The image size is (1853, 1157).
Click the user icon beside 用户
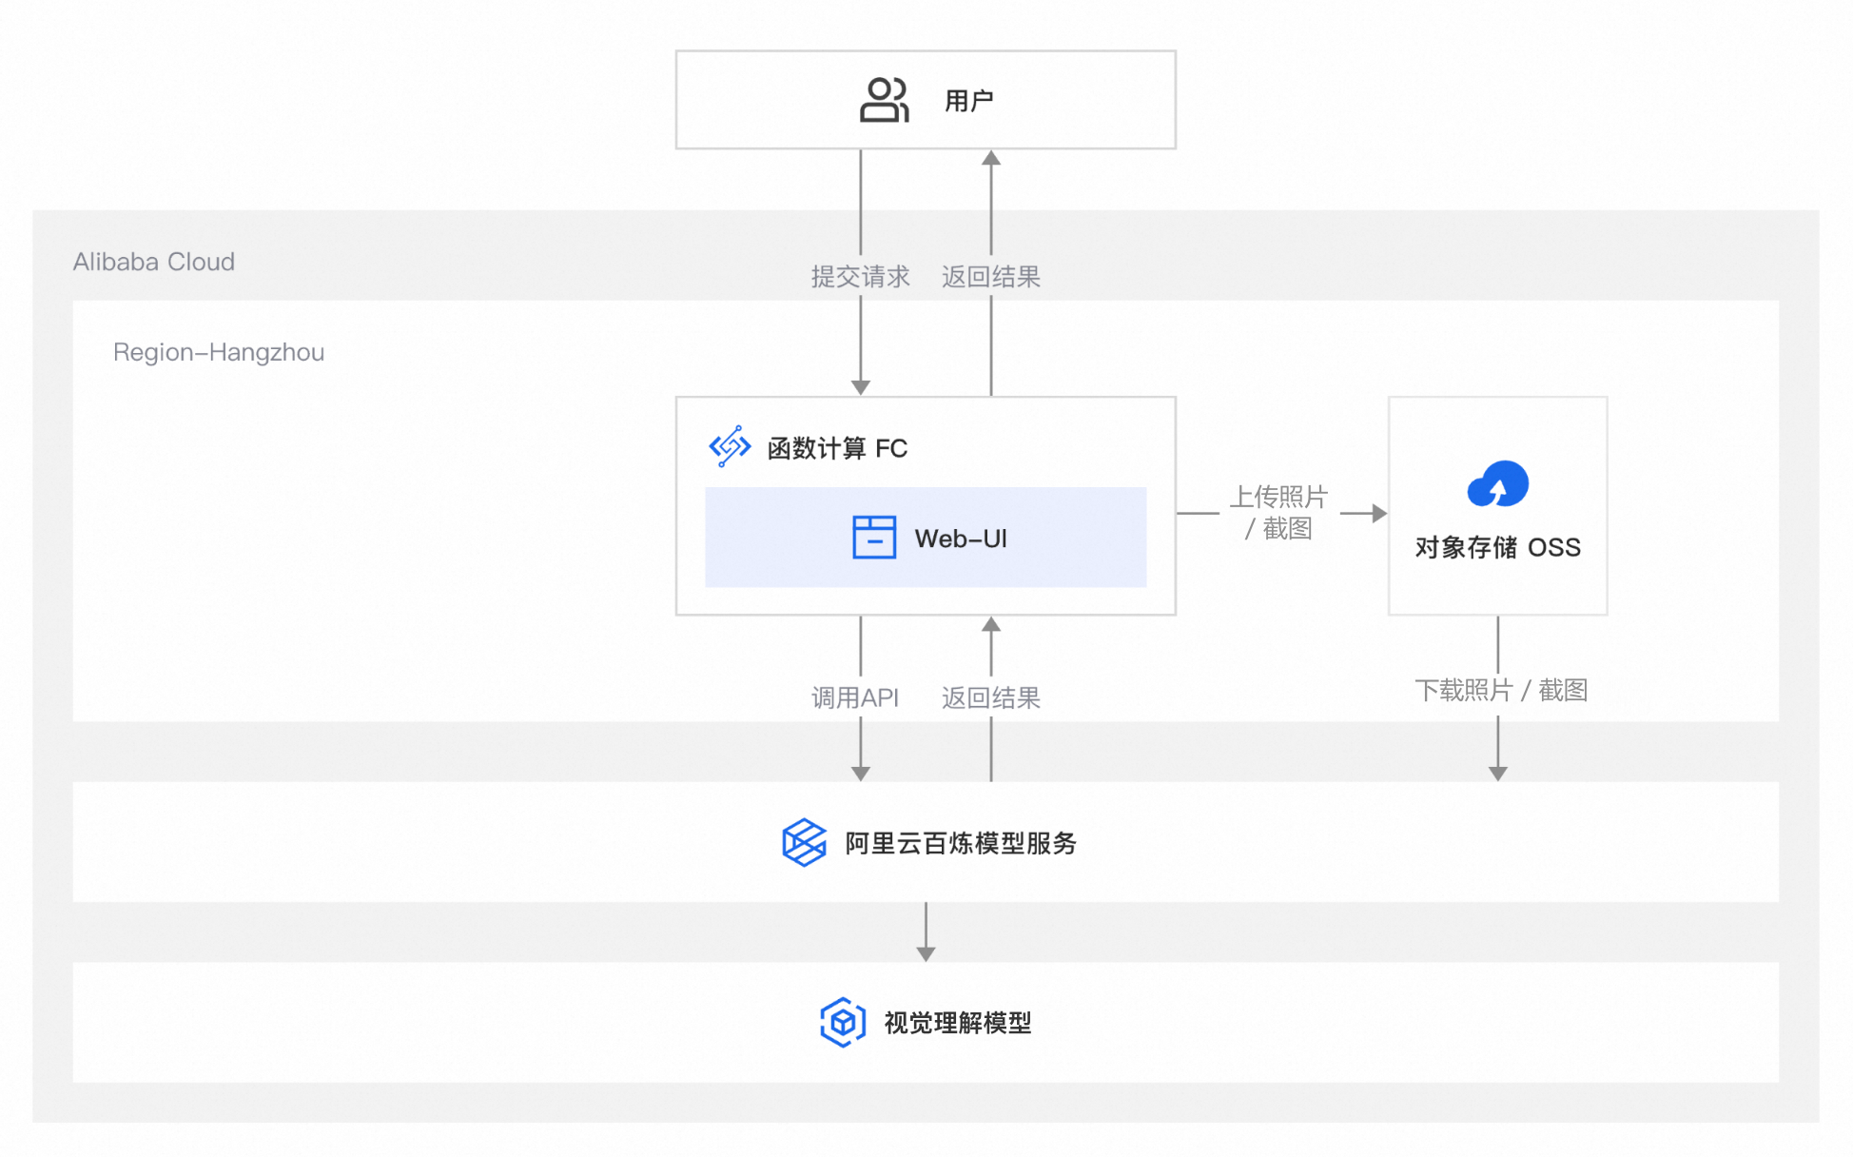(885, 100)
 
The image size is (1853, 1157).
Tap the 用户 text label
(968, 101)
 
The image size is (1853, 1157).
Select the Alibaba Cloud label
(154, 262)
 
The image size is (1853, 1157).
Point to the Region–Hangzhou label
(219, 352)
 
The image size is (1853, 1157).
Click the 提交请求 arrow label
(860, 277)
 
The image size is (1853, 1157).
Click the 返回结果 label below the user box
(991, 277)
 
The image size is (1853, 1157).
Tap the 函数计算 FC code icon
(730, 446)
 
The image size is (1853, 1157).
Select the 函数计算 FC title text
(837, 448)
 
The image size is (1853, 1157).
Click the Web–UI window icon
(874, 538)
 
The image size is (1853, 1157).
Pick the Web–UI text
(961, 539)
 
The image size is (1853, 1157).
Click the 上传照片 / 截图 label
(1279, 512)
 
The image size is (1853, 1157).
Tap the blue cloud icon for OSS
(1498, 485)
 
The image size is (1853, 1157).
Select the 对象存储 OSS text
(1498, 547)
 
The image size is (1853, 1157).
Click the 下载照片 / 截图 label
(1501, 690)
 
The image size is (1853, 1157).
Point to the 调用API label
(854, 697)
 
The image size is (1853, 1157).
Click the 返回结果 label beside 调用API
(991, 697)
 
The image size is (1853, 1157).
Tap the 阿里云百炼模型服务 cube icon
(804, 842)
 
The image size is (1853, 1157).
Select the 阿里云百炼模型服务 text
(961, 843)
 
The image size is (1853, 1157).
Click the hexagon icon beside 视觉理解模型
(843, 1023)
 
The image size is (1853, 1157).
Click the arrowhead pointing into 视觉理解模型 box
(926, 954)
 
